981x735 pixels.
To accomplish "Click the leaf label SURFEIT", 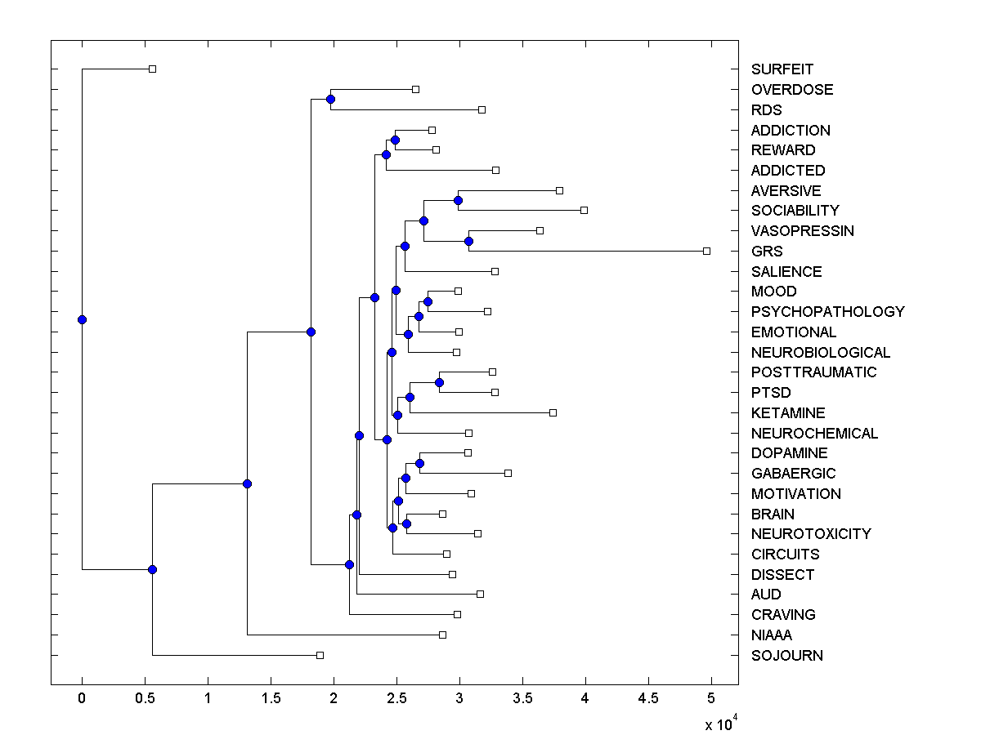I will [x=782, y=69].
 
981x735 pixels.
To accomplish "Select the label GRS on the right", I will [x=767, y=252].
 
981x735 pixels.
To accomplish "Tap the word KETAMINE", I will [x=788, y=413].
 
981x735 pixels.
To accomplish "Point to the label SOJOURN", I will [x=787, y=656].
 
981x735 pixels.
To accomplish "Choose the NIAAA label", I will [x=772, y=635].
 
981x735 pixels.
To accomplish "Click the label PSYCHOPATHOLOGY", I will [x=828, y=312].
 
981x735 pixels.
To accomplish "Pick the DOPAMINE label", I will [x=789, y=453].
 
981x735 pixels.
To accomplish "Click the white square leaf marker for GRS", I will [x=707, y=251].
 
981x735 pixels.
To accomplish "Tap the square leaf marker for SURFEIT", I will [x=152, y=69].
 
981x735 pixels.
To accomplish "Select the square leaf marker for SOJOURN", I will [x=320, y=655].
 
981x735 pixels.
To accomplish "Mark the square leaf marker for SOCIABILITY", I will [x=584, y=210].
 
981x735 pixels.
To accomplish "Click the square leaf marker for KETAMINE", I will [x=553, y=412].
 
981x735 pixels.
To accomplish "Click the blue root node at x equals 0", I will [x=82, y=319].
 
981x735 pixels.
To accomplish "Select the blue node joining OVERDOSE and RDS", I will [x=330, y=100].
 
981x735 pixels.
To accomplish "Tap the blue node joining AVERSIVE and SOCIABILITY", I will [x=458, y=200].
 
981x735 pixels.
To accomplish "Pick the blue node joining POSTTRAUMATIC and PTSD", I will [x=439, y=382].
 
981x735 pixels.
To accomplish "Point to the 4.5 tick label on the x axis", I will [x=648, y=699].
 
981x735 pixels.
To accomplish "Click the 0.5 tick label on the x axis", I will [x=145, y=699].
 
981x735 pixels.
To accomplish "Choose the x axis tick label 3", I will [x=459, y=699].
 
